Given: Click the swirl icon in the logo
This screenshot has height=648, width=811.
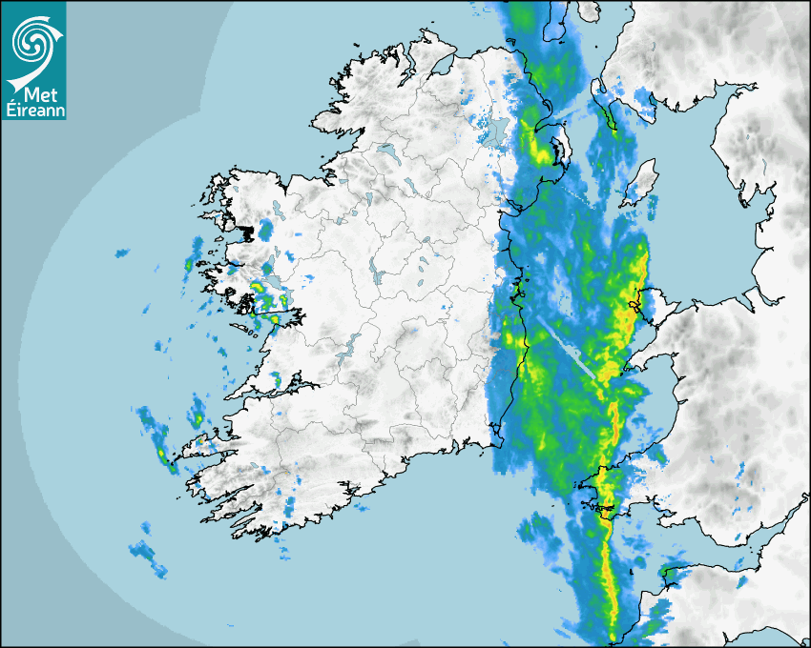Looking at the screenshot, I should click(32, 39).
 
